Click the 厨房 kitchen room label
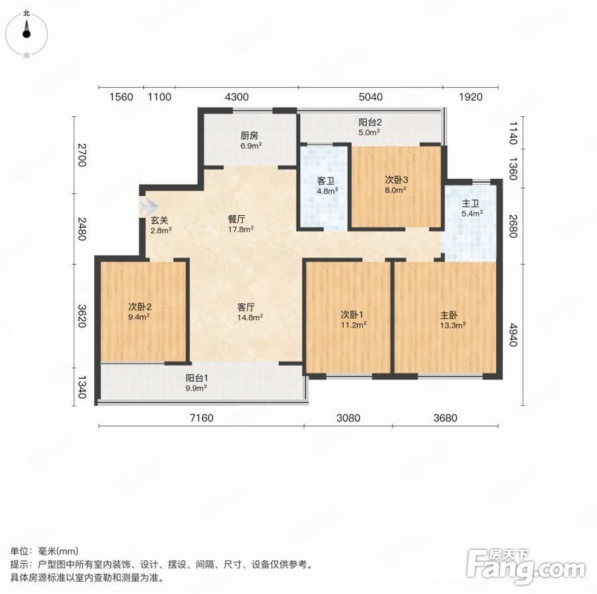click(x=249, y=136)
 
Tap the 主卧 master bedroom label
click(x=449, y=315)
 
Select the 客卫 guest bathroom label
click(x=325, y=181)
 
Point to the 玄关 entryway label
click(x=159, y=220)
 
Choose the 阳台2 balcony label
click(x=370, y=122)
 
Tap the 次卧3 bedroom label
click(x=396, y=180)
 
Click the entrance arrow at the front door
click(x=148, y=207)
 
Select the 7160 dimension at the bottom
click(x=201, y=418)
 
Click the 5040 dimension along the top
click(x=371, y=97)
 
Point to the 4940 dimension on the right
click(x=514, y=335)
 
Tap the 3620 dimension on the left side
click(x=82, y=316)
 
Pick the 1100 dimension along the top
click(x=160, y=97)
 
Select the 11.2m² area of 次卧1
click(x=354, y=325)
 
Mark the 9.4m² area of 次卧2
click(x=139, y=317)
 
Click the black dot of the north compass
click(x=26, y=34)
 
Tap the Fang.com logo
click(x=526, y=566)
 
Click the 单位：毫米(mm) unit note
click(x=44, y=550)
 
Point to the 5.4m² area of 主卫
click(x=472, y=213)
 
